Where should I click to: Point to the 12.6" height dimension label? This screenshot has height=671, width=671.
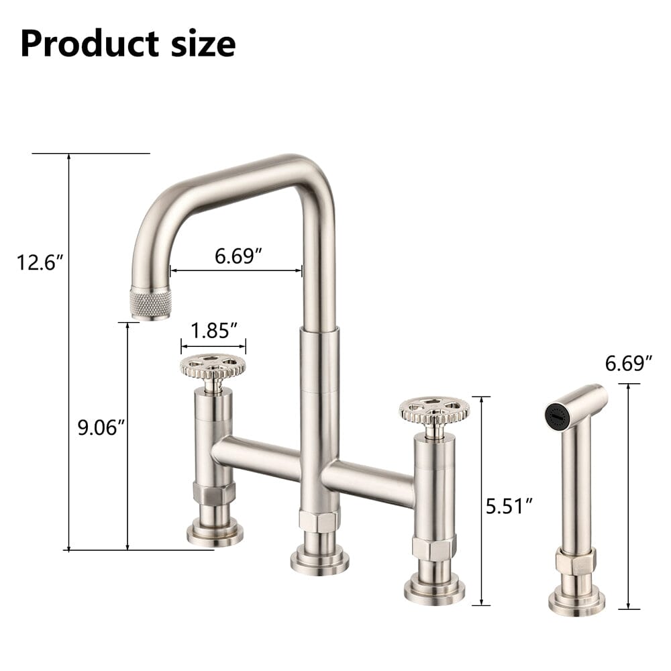pyautogui.click(x=40, y=262)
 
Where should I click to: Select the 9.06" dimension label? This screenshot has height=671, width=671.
pyautogui.click(x=101, y=427)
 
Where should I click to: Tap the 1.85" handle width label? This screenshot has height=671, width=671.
pyautogui.click(x=214, y=330)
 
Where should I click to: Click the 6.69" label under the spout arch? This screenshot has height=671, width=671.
pyautogui.click(x=238, y=256)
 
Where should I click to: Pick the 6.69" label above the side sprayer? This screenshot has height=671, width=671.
pyautogui.click(x=629, y=364)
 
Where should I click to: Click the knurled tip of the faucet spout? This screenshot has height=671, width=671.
pyautogui.click(x=150, y=303)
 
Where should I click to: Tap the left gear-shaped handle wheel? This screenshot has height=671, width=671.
pyautogui.click(x=213, y=366)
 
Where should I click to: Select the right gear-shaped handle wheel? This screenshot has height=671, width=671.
pyautogui.click(x=434, y=409)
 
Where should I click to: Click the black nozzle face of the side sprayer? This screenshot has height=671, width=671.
pyautogui.click(x=557, y=416)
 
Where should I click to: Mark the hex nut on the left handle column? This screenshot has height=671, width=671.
pyautogui.click(x=214, y=493)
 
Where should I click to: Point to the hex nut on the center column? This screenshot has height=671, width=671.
pyautogui.click(x=319, y=521)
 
